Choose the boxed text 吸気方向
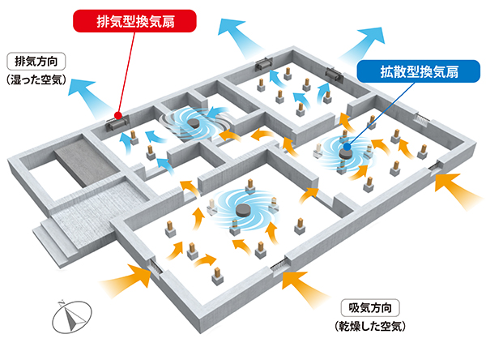[369, 307]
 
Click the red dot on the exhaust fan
[118, 115]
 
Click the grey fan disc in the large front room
[241, 210]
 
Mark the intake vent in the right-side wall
[439, 167]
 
